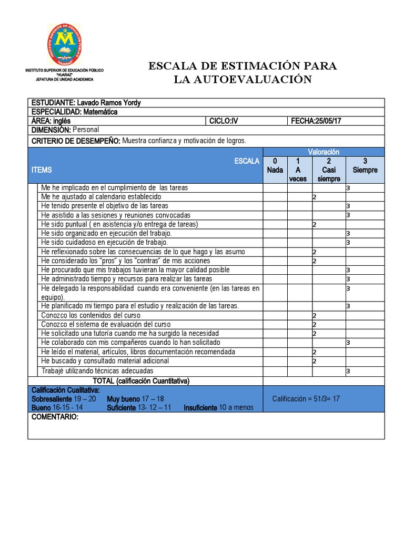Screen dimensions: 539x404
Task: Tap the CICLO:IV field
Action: tap(224, 121)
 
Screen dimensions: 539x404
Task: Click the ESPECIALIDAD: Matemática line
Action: tap(75, 112)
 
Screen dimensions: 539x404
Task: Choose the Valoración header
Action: tap(324, 152)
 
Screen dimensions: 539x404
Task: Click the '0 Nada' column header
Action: tap(275, 166)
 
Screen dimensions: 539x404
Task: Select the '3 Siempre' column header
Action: tap(365, 166)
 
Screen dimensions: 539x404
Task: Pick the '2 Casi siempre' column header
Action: tap(328, 169)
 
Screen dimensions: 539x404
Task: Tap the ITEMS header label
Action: tap(42, 170)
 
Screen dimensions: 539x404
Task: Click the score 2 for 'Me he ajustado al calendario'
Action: tap(314, 197)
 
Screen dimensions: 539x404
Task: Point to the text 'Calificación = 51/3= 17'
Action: tap(306, 399)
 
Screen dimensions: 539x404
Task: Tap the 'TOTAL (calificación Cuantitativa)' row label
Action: tap(141, 381)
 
